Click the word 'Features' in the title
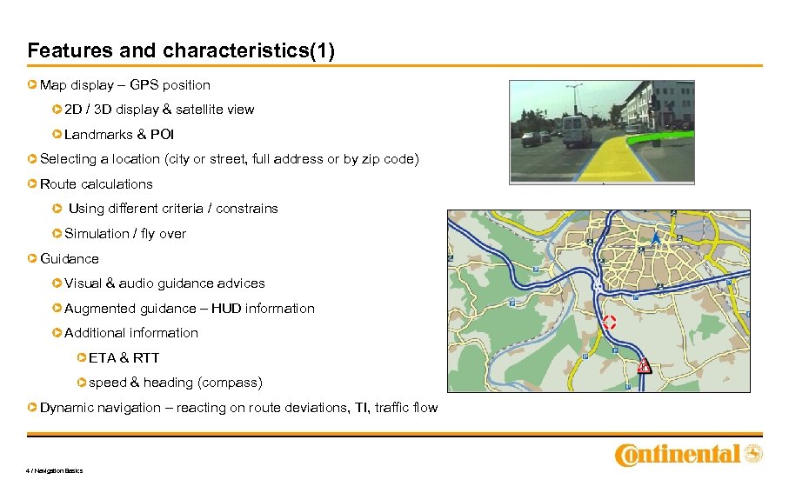pyautogui.click(x=62, y=50)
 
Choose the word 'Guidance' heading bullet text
pyautogui.click(x=70, y=259)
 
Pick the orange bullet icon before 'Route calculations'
pyautogui.click(x=32, y=184)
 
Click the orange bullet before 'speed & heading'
pyautogui.click(x=81, y=383)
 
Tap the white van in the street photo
pyautogui.click(x=575, y=130)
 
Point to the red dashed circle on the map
pyautogui.click(x=610, y=323)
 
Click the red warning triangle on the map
pyautogui.click(x=644, y=365)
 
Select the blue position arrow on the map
pyautogui.click(x=655, y=237)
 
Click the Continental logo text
pyautogui.click(x=678, y=455)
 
